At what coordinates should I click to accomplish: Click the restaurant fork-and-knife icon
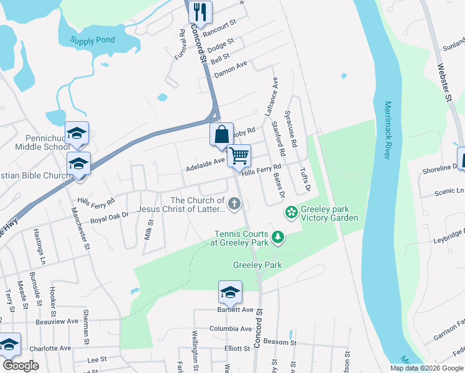point(200,11)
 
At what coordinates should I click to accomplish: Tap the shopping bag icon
point(222,134)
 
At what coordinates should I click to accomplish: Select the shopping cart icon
point(239,156)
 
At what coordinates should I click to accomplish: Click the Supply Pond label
point(92,40)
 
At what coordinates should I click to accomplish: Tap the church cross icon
point(234,203)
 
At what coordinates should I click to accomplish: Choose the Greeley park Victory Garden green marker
point(290,213)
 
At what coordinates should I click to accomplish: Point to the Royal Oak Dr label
point(109,217)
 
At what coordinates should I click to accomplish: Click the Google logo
point(21,366)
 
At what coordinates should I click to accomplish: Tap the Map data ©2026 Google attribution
point(426,368)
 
